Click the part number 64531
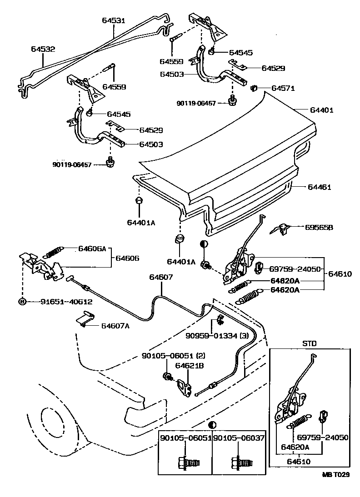pos(114,20)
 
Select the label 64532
pos(43,49)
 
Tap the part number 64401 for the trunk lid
pos(322,110)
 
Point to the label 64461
pos(320,187)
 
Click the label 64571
pos(283,88)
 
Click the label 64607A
pos(115,325)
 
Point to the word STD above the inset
pos(309,343)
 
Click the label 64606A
pos(92,248)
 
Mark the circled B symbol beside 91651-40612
pos(21,301)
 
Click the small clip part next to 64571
pos(255,87)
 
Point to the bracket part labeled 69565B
pos(282,229)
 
